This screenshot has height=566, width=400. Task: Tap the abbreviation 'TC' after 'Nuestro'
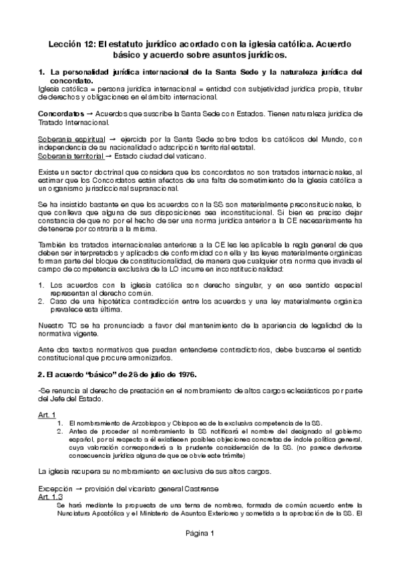71,325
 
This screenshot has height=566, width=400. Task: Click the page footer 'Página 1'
199,551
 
